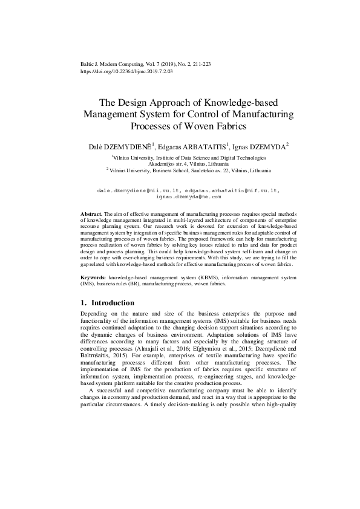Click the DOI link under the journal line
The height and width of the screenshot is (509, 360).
tap(126, 71)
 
